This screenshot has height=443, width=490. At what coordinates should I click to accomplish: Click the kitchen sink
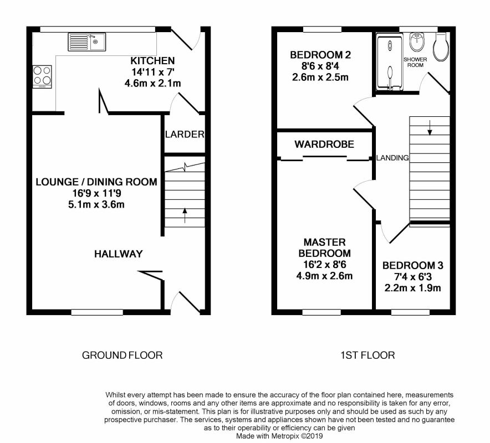pos(87,42)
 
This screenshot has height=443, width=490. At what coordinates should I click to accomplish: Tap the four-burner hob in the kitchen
pos(42,76)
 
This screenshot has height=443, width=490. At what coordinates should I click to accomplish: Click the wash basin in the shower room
pos(417,42)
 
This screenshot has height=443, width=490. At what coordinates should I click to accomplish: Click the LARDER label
pos(185,134)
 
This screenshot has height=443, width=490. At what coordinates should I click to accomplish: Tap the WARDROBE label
pos(324,144)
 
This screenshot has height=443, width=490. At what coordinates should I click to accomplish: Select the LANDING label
pos(392,158)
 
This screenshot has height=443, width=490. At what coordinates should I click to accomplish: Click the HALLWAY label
pos(119,254)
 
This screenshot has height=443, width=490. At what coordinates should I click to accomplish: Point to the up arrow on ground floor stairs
pos(185,215)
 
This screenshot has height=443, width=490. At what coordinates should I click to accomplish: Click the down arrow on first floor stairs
pos(430,128)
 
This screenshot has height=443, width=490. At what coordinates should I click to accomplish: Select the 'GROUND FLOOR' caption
pos(122,356)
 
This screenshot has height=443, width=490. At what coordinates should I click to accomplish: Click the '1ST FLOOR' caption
pos(368,356)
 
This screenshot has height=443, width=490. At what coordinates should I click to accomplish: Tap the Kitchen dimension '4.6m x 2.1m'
pos(152,84)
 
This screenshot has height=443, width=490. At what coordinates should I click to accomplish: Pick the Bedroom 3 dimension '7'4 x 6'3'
pos(413,277)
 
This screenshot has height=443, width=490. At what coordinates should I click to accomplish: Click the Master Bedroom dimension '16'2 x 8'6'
pos(324,265)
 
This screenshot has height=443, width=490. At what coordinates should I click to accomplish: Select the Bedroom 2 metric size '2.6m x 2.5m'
pos(320,78)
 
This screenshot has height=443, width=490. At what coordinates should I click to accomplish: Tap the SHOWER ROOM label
pos(415,62)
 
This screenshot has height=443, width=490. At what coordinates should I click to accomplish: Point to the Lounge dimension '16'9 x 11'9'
pos(96,193)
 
